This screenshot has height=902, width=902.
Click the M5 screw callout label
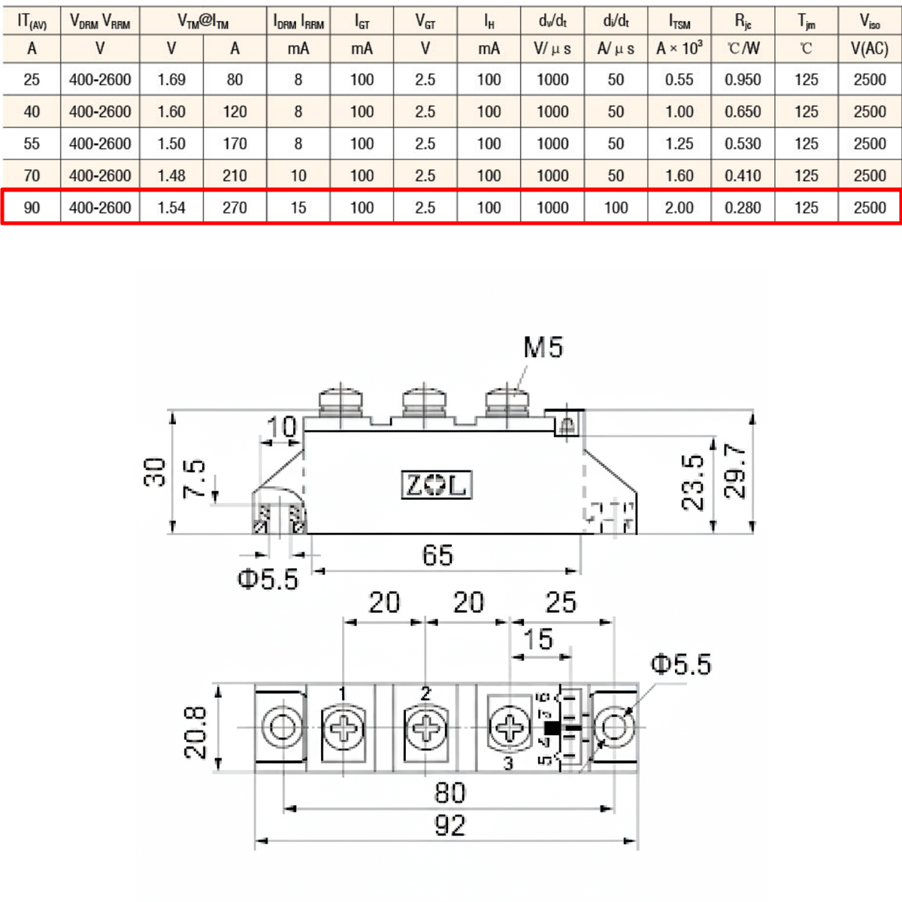(x=543, y=347)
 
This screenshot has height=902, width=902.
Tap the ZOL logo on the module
(x=436, y=485)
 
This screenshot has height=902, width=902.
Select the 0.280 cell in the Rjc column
(x=743, y=207)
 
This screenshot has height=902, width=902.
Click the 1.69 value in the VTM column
(x=171, y=79)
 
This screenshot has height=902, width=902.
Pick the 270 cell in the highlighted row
(x=235, y=207)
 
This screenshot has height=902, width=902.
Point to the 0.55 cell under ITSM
(x=679, y=79)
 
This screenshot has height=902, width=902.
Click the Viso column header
(x=870, y=21)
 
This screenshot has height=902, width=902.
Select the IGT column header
(x=362, y=21)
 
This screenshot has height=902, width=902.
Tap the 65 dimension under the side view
(x=437, y=555)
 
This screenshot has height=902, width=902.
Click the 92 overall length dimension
(x=449, y=826)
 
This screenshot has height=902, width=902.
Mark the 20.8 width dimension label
(x=196, y=732)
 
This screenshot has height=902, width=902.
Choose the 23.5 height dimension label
(x=693, y=482)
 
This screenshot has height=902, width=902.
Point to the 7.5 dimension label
(x=194, y=479)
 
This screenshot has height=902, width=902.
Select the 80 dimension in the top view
(x=449, y=792)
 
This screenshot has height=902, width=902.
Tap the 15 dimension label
(x=538, y=640)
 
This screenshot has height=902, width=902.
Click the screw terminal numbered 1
(x=344, y=728)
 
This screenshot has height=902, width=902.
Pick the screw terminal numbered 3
(x=510, y=728)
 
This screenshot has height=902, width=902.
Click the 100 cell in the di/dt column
(x=616, y=207)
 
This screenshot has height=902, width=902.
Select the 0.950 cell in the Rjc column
(x=743, y=79)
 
